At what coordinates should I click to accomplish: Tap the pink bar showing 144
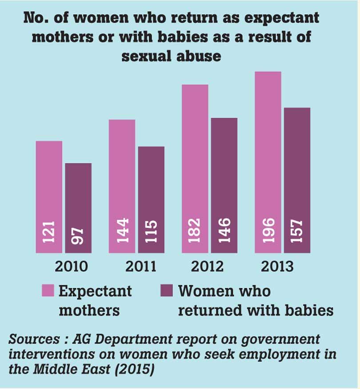pyautogui.click(x=122, y=186)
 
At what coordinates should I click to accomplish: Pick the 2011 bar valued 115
pyautogui.click(x=151, y=199)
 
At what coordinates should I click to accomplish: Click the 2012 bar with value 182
pyautogui.click(x=195, y=169)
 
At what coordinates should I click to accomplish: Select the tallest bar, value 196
pyautogui.click(x=268, y=162)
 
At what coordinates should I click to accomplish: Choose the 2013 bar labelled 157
pyautogui.click(x=297, y=180)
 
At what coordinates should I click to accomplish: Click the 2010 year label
pyautogui.click(x=71, y=266)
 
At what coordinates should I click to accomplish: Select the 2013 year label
pyautogui.click(x=277, y=266)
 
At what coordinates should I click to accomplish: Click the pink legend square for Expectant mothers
pyautogui.click(x=48, y=290)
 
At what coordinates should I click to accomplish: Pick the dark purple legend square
pyautogui.click(x=166, y=290)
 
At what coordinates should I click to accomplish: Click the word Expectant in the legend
pyautogui.click(x=95, y=291)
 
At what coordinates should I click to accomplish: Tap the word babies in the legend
pyautogui.click(x=307, y=310)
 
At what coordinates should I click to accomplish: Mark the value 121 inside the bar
pyautogui.click(x=49, y=230)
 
